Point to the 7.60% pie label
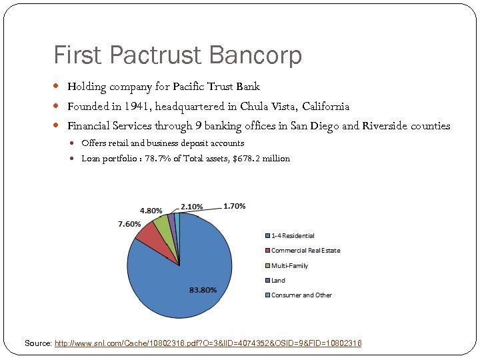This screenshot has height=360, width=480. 129,224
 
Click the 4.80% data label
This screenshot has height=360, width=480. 151,211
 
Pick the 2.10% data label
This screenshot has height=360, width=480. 192,206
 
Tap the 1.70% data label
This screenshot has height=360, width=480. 234,206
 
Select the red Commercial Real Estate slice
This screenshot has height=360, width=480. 149,232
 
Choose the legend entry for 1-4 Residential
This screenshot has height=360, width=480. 293,235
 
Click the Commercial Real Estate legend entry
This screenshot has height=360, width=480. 305,250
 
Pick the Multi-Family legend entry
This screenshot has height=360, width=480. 289,265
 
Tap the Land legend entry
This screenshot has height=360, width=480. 278,280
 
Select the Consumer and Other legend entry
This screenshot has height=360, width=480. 301,295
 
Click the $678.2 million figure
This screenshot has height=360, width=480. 261,158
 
